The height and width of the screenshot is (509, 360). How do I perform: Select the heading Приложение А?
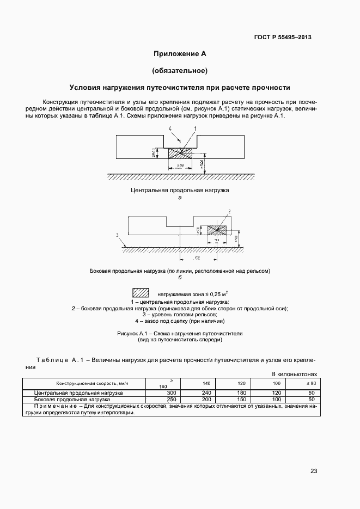[x=179, y=53]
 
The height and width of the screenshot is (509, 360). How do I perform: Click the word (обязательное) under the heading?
[x=179, y=70]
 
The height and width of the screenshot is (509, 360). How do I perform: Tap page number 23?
[x=313, y=471]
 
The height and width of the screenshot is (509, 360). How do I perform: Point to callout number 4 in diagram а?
[x=170, y=129]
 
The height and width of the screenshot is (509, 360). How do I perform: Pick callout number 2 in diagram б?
[x=229, y=211]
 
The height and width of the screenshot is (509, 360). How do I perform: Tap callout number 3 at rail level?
[x=102, y=235]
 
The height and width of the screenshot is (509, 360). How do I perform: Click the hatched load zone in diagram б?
[x=217, y=231]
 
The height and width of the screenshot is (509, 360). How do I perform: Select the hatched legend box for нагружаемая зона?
[x=141, y=292]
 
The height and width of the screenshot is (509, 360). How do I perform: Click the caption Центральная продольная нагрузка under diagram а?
[x=180, y=190]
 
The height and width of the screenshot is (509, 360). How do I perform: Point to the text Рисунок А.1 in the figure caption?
[x=133, y=333]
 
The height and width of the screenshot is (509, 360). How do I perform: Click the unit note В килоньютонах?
[x=294, y=374]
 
